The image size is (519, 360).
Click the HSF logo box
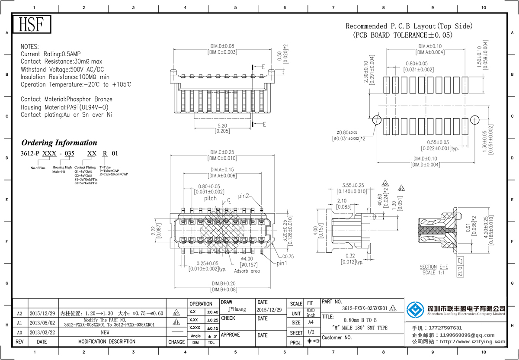click(x=32, y=25)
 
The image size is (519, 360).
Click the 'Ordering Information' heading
click(x=59, y=143)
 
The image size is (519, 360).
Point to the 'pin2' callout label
click(x=243, y=196)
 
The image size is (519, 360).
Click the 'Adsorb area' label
click(x=247, y=271)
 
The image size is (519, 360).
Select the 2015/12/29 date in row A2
click(x=42, y=313)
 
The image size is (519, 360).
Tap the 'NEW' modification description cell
click(x=105, y=332)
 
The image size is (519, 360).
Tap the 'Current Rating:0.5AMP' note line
click(x=51, y=54)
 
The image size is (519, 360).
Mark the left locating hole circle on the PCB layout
click(x=377, y=120)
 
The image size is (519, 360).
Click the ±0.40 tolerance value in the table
click(x=212, y=312)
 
